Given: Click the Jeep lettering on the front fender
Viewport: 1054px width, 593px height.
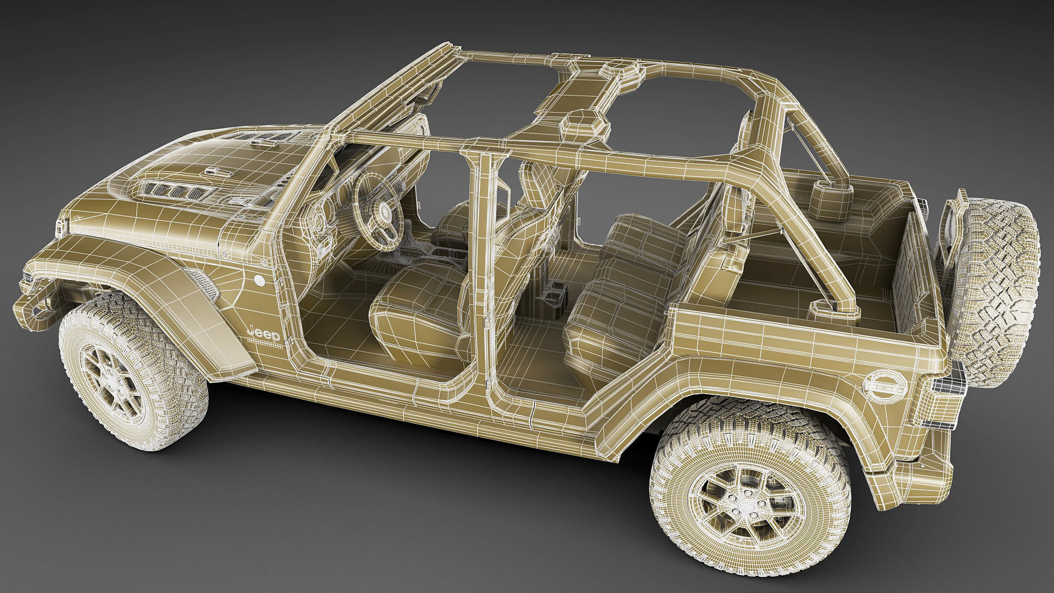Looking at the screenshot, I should click(x=265, y=333).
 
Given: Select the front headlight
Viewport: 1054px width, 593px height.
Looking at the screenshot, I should click(x=60, y=225).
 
